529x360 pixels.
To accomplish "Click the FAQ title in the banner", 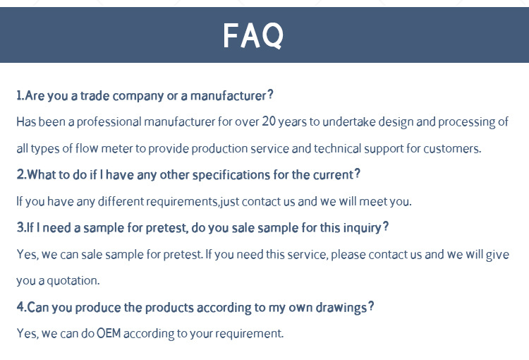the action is point(253,36).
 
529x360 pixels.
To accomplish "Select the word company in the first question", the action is point(138,97).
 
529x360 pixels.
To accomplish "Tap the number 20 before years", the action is point(269,121).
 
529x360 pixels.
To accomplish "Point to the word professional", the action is point(109,122).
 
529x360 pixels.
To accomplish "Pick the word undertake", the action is point(349,121).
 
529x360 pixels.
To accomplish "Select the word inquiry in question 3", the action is point(365,228).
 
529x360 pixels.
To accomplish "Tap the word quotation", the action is point(73,281).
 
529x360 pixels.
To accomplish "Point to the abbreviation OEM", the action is point(109,334).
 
